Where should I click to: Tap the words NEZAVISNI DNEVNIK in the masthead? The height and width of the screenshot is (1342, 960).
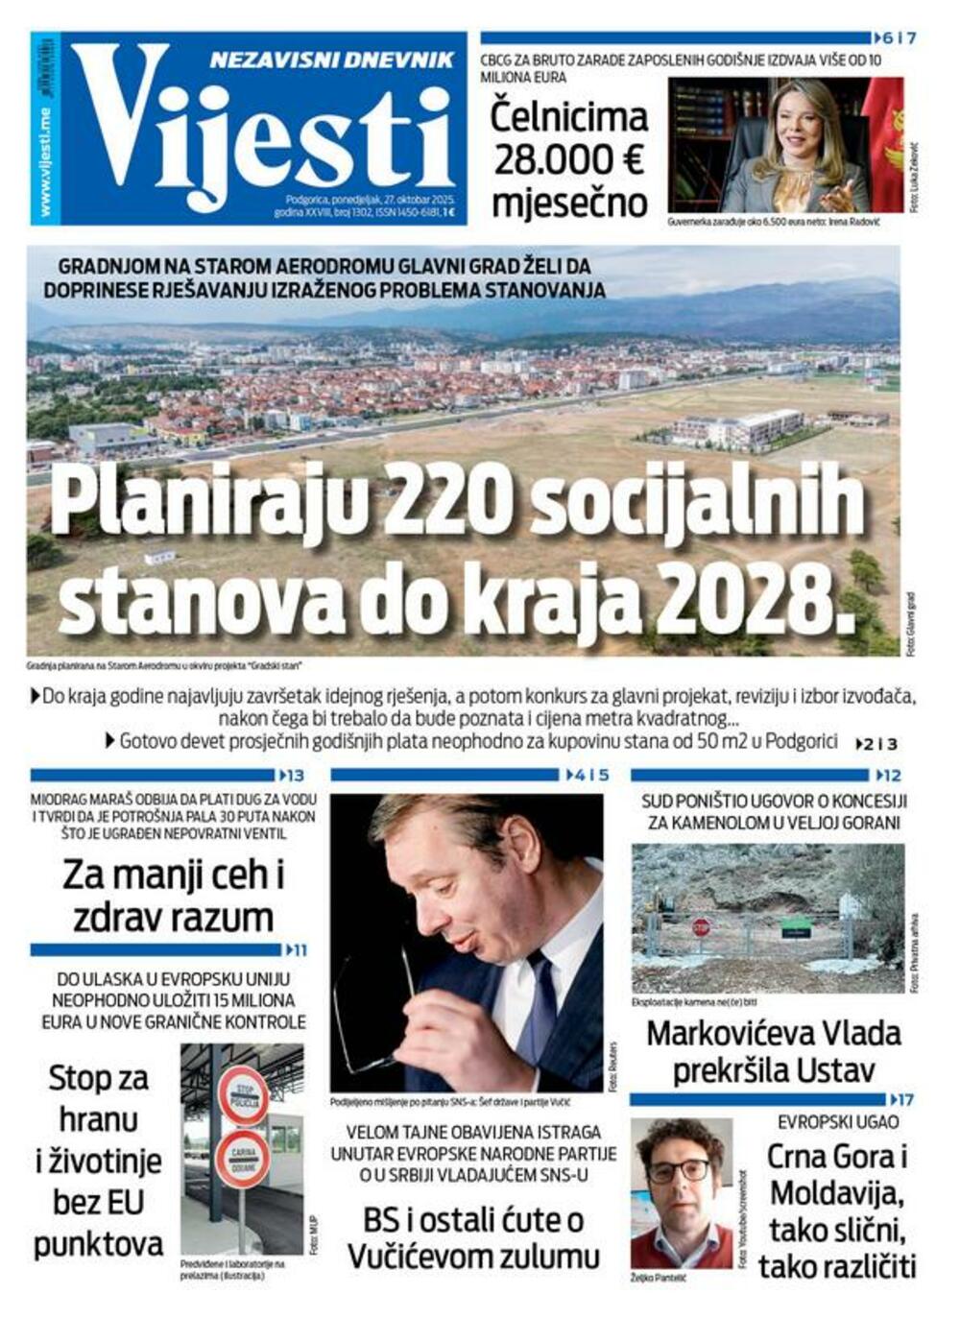click(x=332, y=60)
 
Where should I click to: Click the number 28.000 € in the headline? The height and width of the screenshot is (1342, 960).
click(x=568, y=160)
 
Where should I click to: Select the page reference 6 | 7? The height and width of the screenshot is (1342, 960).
click(x=898, y=38)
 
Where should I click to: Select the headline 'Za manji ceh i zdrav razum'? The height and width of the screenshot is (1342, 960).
click(x=173, y=896)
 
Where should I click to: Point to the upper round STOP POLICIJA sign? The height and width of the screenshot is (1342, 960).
click(x=243, y=1093)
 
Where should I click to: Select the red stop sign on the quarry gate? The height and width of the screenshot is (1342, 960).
click(x=702, y=927)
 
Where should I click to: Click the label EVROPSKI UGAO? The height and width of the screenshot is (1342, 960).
click(x=838, y=1121)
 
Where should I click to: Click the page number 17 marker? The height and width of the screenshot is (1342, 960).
click(x=902, y=1099)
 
